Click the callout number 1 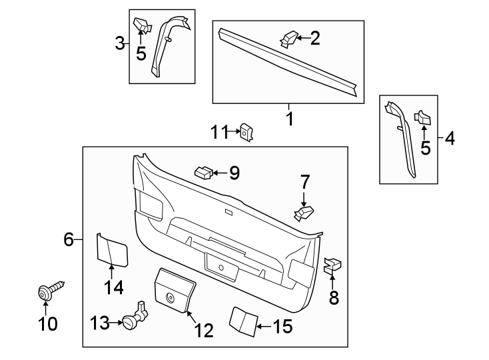[x=289, y=119]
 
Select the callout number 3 [x=120, y=45]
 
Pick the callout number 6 [x=69, y=239]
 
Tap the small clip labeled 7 [x=304, y=213]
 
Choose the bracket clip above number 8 [x=332, y=265]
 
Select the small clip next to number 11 [x=246, y=132]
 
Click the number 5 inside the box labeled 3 [x=141, y=53]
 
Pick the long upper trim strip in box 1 [x=290, y=60]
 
